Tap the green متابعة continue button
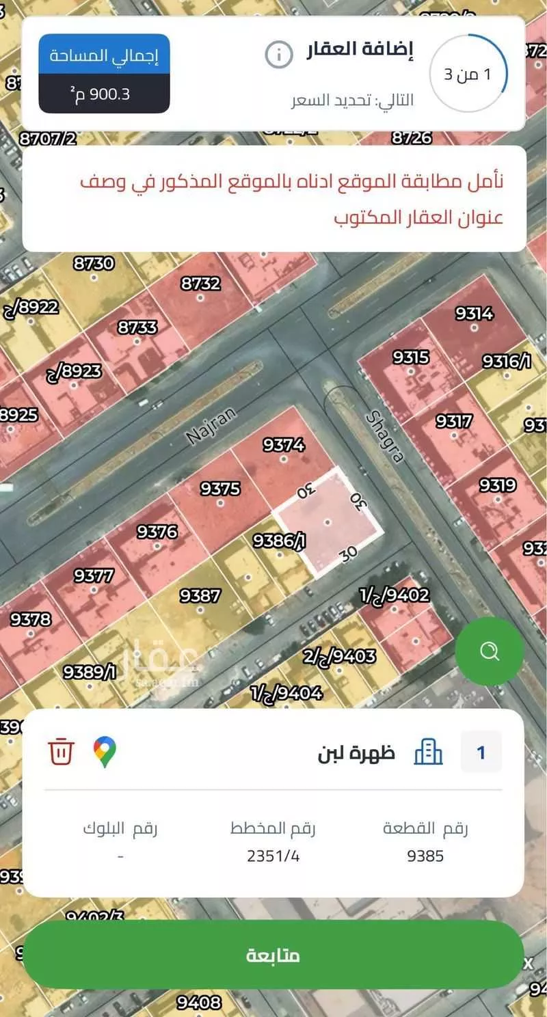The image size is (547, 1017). pos(273,955)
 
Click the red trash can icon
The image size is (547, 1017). pos(61,752)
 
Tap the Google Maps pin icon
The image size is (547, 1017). pos(105,752)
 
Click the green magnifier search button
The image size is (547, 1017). pos(490,651)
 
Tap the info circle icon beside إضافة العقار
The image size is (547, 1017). pos(279,55)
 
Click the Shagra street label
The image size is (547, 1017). pos(386,435)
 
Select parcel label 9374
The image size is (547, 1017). pos(284,445)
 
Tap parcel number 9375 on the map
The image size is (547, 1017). pos(220,489)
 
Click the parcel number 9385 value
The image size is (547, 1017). pos(425,856)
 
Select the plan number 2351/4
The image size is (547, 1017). pos(273,856)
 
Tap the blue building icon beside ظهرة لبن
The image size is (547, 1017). pos(429,752)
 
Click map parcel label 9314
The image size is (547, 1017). pos(474,314)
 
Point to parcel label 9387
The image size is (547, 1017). pos(200,595)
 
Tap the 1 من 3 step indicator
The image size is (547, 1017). pos(468,74)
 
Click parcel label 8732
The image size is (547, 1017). pos(200,284)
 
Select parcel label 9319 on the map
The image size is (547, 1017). pos(497,485)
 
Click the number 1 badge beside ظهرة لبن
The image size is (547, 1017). pos(481,752)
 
